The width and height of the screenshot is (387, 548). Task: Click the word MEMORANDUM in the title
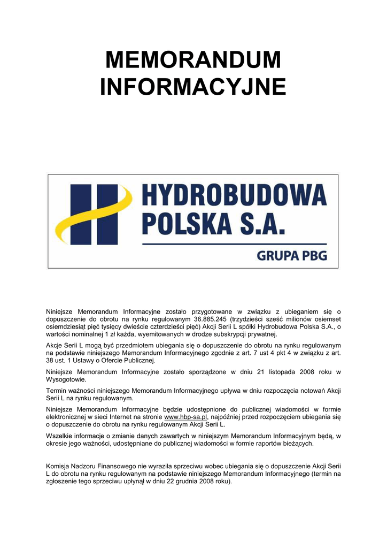point(193,59)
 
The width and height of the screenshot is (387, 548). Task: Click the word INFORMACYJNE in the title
point(193,87)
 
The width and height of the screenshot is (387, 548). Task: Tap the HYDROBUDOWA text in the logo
point(234,196)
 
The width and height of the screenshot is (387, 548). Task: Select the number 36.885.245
point(211,319)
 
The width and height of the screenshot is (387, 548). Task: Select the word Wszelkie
point(60,436)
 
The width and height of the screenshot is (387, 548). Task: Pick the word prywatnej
point(261,334)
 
